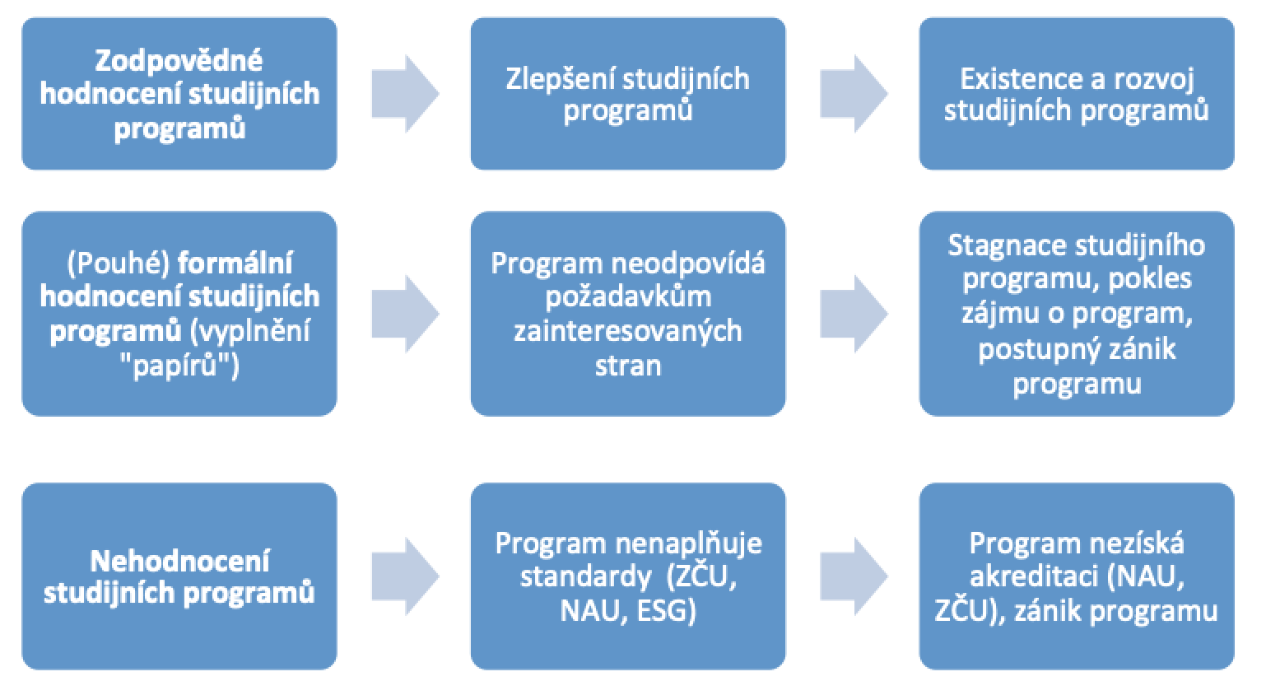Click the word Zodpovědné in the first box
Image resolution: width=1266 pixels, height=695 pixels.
179,60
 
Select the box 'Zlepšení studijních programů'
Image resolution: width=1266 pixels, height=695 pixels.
627,94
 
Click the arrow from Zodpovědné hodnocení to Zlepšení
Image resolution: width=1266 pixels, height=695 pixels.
404,94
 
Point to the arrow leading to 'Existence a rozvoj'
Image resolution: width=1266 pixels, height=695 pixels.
853,94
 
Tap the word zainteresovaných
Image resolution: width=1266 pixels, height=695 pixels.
627,331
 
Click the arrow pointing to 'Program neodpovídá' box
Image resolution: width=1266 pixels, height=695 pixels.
404,314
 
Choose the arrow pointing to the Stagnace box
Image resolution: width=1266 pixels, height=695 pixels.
853,314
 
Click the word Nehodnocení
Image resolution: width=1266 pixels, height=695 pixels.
179,561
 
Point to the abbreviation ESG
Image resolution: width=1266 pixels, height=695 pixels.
667,611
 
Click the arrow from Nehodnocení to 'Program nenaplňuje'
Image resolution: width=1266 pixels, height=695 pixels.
404,576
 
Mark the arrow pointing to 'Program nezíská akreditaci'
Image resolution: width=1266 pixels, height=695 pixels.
853,576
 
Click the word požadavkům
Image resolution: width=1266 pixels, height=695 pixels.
627,297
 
